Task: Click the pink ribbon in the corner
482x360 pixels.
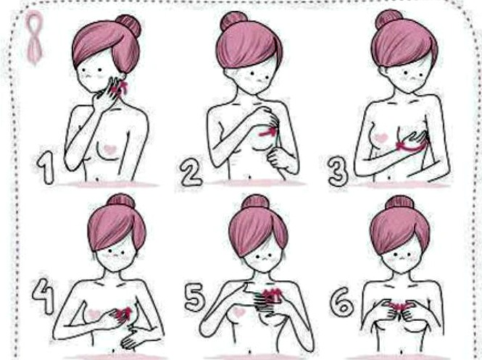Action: click(x=34, y=37)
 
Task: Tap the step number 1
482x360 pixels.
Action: click(x=46, y=167)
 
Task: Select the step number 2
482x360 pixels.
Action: click(x=191, y=173)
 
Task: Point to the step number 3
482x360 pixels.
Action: click(x=338, y=172)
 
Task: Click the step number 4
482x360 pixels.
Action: click(x=43, y=296)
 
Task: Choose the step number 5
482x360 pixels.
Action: click(x=195, y=297)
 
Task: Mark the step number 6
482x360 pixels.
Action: click(x=342, y=301)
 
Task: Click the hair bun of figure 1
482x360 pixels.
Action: click(x=128, y=25)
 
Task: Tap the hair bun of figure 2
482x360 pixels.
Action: click(x=233, y=20)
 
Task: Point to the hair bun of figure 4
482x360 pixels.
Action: click(x=121, y=201)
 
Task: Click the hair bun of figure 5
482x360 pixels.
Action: click(x=255, y=202)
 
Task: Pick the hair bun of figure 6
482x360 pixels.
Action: click(x=399, y=203)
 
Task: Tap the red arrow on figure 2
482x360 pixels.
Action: click(x=267, y=133)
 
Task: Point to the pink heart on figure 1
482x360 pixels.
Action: click(x=109, y=149)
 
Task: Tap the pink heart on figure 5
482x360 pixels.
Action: click(x=239, y=312)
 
